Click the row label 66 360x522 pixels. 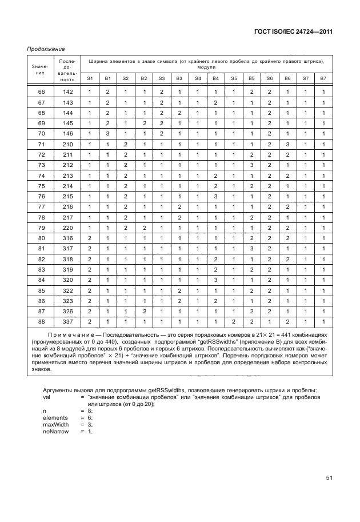pyautogui.click(x=41, y=92)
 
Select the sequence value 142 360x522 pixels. pyautogui.click(x=68, y=92)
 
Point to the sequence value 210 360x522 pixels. pyautogui.click(x=68, y=145)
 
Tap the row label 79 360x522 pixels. pyautogui.click(x=41, y=228)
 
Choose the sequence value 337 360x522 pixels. pyautogui.click(x=68, y=322)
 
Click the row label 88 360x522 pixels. pyautogui.click(x=41, y=322)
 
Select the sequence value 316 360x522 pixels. pyautogui.click(x=68, y=238)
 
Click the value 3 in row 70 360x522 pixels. pyautogui.click(x=107, y=134)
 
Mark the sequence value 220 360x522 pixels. pyautogui.click(x=68, y=228)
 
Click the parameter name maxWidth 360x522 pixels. pyautogui.click(x=56, y=424)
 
